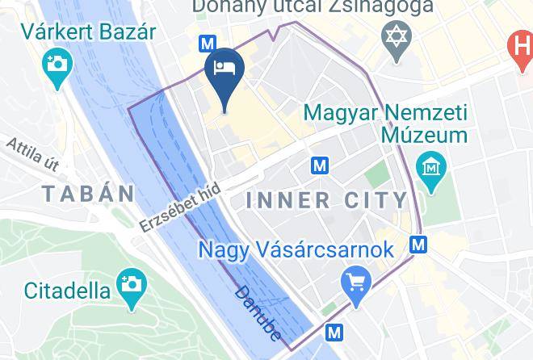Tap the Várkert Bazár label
tap(88, 33)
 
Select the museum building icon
tap(431, 169)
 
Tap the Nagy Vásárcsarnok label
tap(296, 249)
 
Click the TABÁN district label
tap(89, 194)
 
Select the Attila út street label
tap(33, 154)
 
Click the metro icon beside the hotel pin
tap(208, 44)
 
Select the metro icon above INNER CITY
tap(321, 166)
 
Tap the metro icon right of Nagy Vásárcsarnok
tap(418, 244)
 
